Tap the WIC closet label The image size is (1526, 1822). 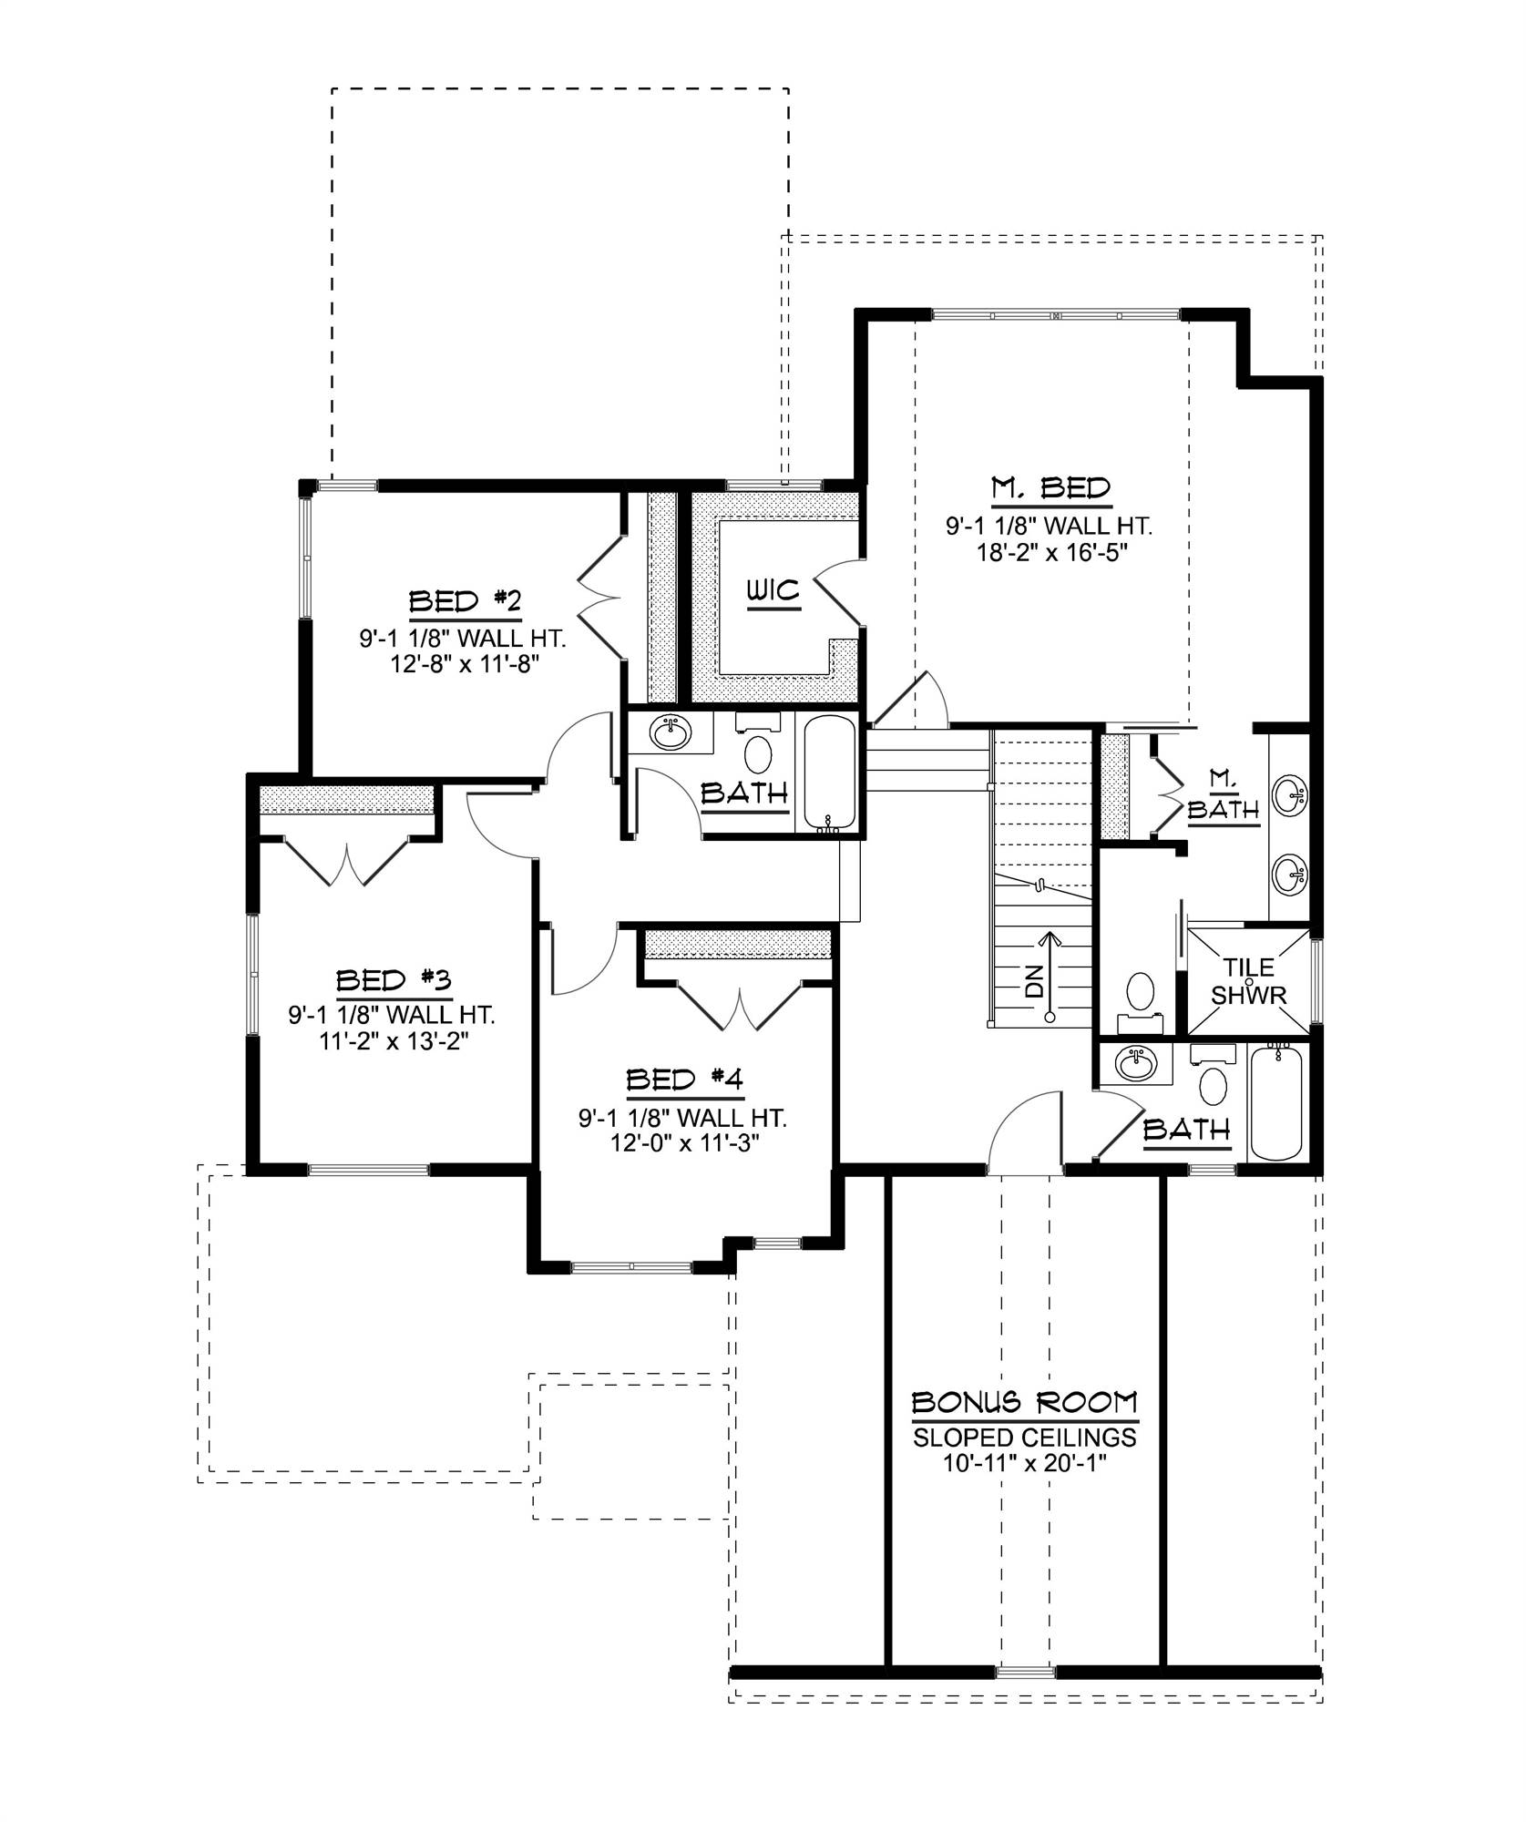(x=773, y=590)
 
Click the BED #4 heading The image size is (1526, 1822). (x=685, y=1080)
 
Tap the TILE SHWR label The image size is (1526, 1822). (x=1248, y=980)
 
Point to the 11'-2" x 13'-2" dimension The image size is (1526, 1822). (x=393, y=1040)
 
